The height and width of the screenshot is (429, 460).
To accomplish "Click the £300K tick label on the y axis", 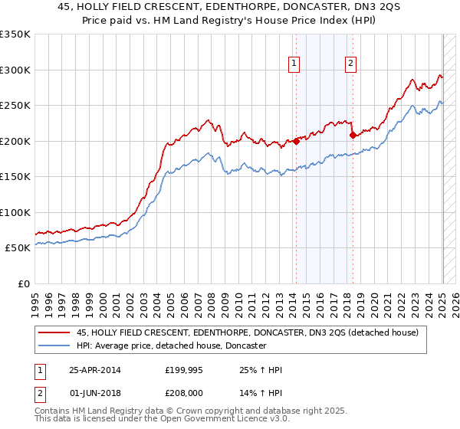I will tap(15, 70).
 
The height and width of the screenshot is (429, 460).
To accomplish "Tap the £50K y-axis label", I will tap(18, 248).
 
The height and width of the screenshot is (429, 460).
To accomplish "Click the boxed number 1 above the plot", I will tap(294, 64).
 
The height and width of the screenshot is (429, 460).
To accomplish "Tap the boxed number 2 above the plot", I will tap(350, 64).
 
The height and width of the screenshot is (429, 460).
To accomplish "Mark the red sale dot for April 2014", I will tap(296, 141).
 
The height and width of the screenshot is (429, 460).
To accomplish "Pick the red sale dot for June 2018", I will tap(353, 136).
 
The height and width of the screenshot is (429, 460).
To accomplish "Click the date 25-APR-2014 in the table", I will tap(95, 370).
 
